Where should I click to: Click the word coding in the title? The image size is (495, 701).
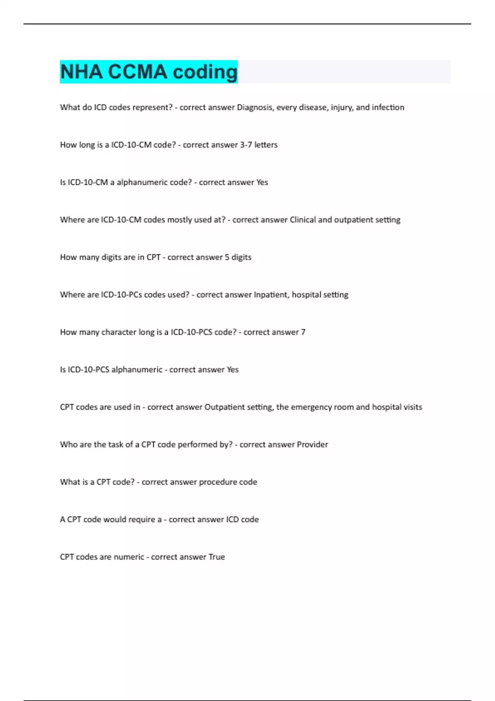(x=205, y=72)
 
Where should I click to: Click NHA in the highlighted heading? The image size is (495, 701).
(x=81, y=72)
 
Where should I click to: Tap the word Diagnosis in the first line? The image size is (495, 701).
(x=254, y=107)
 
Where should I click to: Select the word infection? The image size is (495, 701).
(x=388, y=107)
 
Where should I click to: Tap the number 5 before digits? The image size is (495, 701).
(x=227, y=257)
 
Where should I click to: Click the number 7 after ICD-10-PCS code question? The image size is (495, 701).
(x=303, y=332)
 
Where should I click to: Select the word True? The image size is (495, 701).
(x=217, y=557)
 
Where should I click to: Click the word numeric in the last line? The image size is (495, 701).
(x=129, y=557)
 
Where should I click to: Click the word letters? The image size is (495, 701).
(x=266, y=145)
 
